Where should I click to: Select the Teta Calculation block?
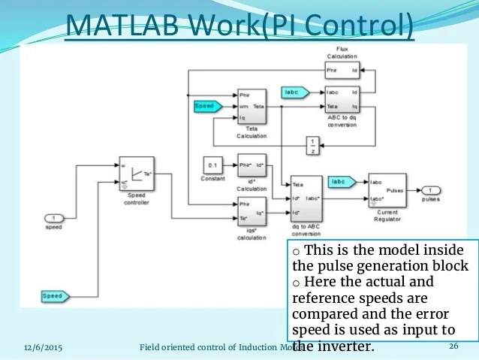251,107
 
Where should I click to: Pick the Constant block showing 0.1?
214,165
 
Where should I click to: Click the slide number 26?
453,346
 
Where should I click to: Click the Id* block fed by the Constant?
251,165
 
